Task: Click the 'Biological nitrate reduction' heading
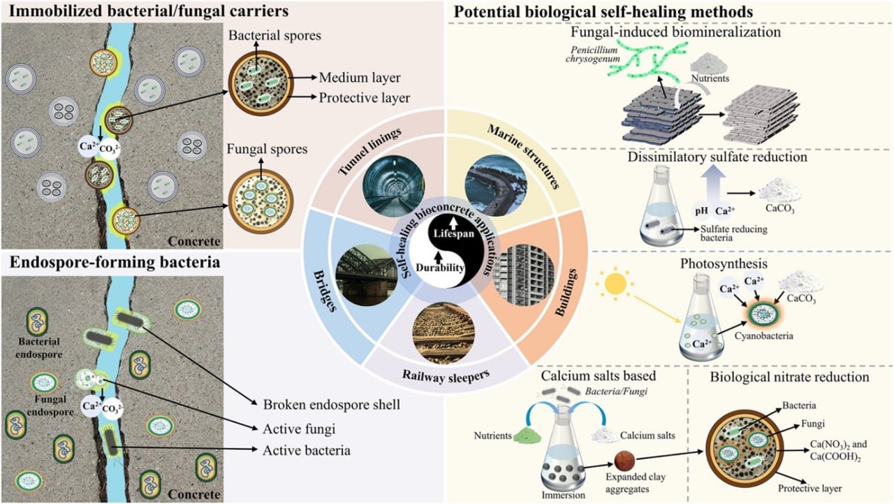(789, 377)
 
